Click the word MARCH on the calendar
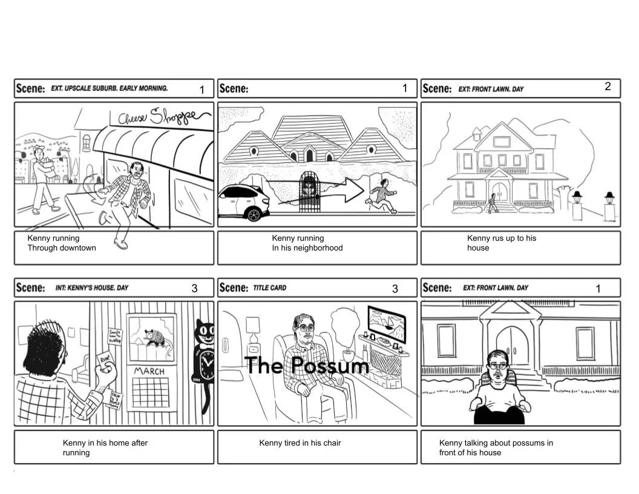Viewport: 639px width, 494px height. [149, 370]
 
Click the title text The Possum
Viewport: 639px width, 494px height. [307, 366]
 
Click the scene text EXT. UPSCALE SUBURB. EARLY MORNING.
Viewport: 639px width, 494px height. [109, 88]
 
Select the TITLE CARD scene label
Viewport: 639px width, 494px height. [270, 288]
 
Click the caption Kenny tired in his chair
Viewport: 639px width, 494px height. [300, 443]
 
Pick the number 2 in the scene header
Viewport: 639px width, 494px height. [608, 87]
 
